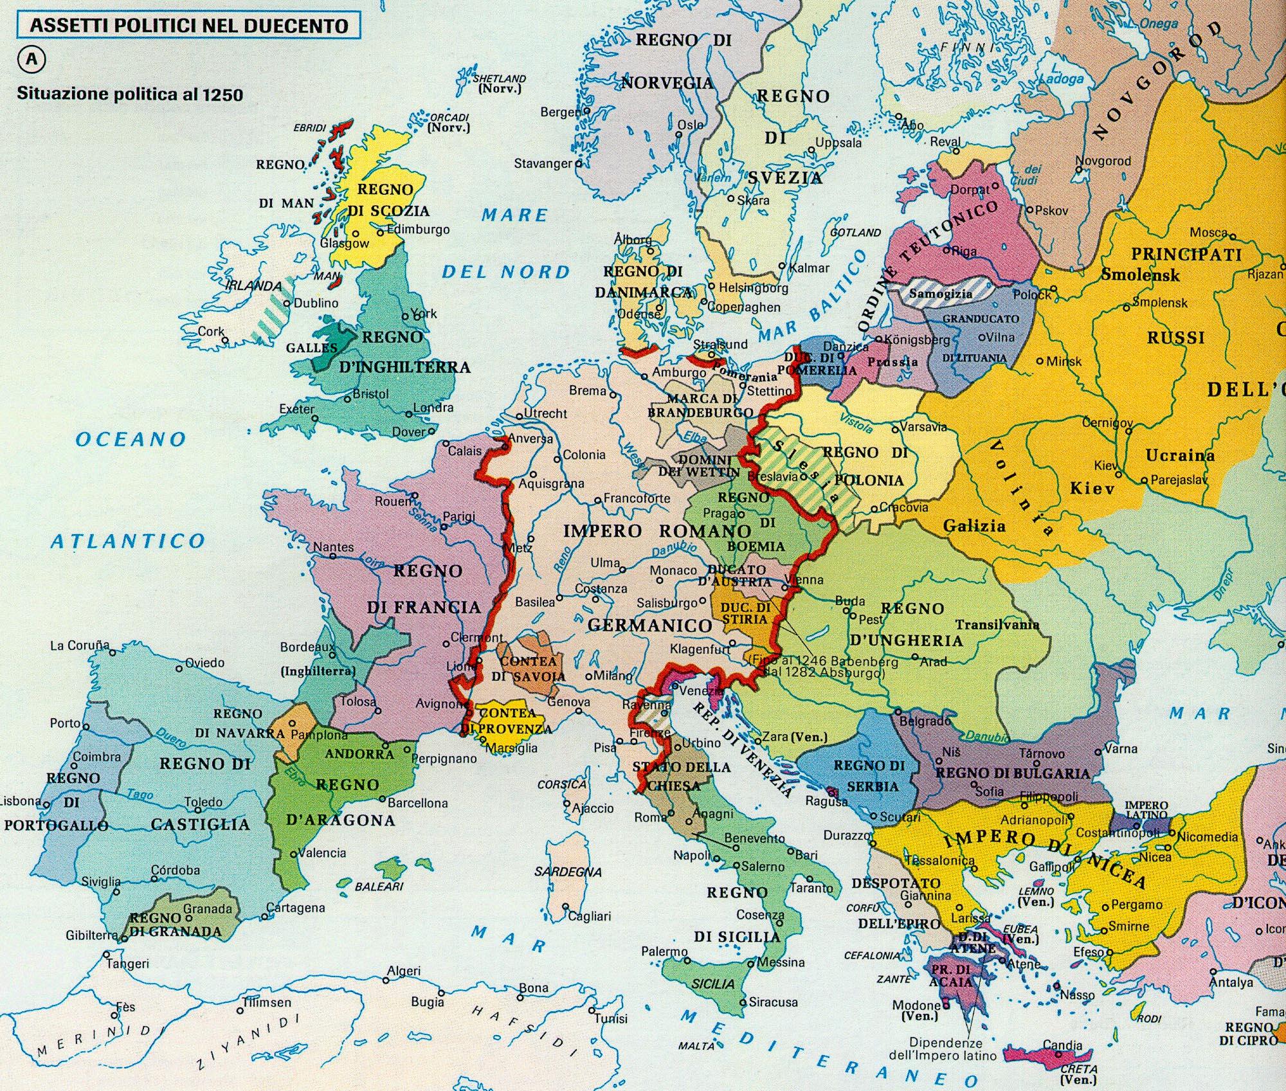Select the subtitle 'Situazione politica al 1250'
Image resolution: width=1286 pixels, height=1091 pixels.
point(130,94)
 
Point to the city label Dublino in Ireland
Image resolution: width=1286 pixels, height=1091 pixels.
point(316,303)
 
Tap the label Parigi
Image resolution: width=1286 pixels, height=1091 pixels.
point(459,516)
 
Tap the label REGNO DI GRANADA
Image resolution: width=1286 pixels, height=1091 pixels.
point(175,924)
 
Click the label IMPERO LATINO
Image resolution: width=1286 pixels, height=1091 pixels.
point(1146,811)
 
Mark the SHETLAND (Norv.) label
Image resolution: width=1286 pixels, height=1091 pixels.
point(499,84)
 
